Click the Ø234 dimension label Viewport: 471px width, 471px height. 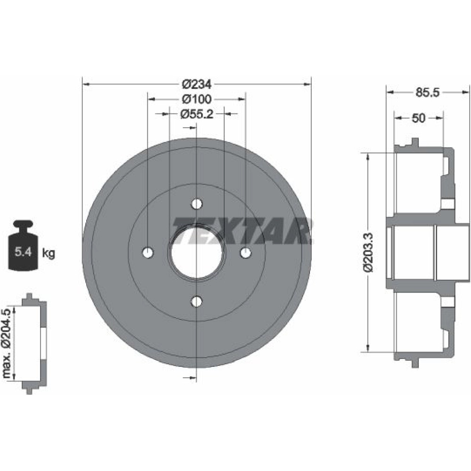(x=197, y=84)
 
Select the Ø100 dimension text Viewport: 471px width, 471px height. (x=197, y=99)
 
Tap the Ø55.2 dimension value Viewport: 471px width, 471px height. (x=197, y=114)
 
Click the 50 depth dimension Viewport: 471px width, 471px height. (x=418, y=118)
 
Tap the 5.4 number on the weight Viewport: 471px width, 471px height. (x=23, y=252)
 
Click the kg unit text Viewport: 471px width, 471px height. (x=49, y=253)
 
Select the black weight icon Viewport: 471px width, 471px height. (x=23, y=245)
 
